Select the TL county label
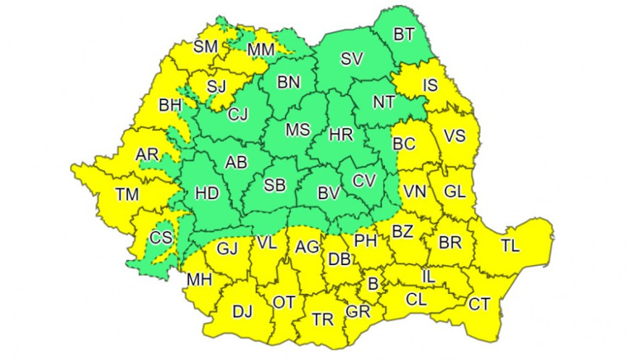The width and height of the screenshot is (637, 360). pos(510,246)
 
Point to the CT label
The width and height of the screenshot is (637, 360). pos(479,304)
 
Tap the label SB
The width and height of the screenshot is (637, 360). pos(274,185)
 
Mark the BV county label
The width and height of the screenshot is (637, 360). pos(329,193)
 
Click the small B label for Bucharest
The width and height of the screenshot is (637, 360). pos(374,285)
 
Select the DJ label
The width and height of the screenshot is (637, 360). pos(242,312)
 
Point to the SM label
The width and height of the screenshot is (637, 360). pos(206,48)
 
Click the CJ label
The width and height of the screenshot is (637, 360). pos(237,114)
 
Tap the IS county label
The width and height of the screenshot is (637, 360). pos(430,85)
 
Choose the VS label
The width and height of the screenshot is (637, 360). pos(454,135)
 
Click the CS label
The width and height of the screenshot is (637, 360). pos(161,237)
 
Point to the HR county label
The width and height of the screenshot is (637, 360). pos(340,135)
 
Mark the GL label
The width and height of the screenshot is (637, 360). pos(455,192)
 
